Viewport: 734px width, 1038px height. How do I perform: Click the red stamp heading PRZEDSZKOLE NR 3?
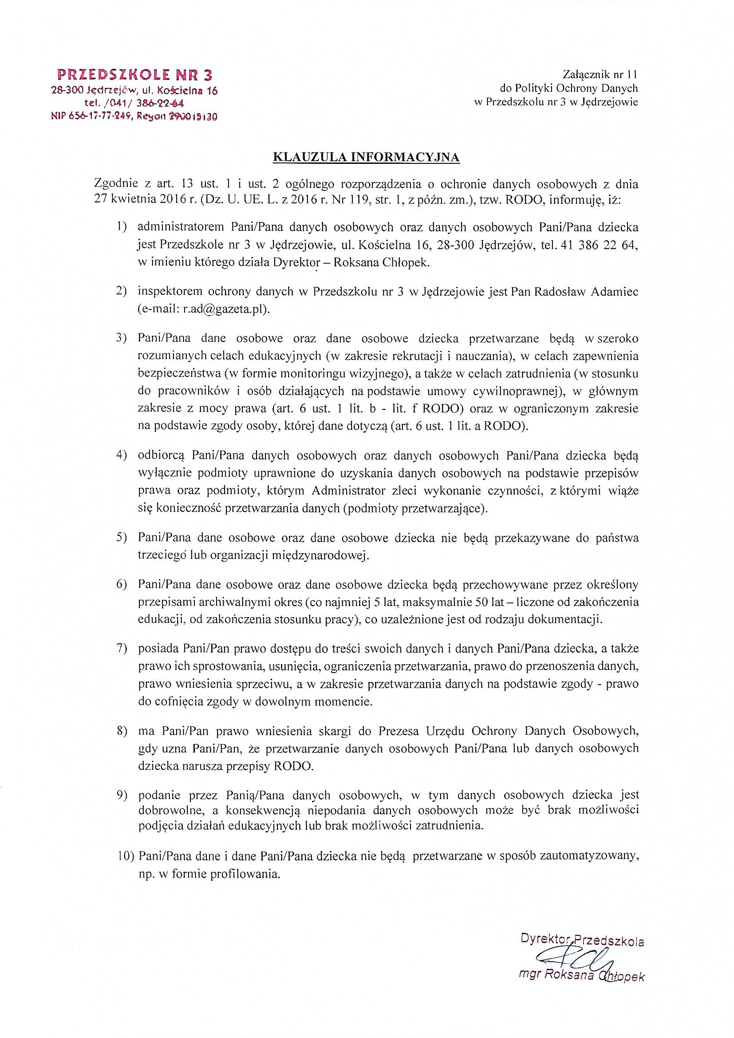pyautogui.click(x=135, y=75)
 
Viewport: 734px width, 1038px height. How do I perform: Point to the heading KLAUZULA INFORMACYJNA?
pyautogui.click(x=367, y=157)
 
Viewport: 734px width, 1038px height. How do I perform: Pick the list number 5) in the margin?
pyautogui.click(x=121, y=539)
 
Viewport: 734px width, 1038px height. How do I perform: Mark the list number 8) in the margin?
pyautogui.click(x=121, y=731)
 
